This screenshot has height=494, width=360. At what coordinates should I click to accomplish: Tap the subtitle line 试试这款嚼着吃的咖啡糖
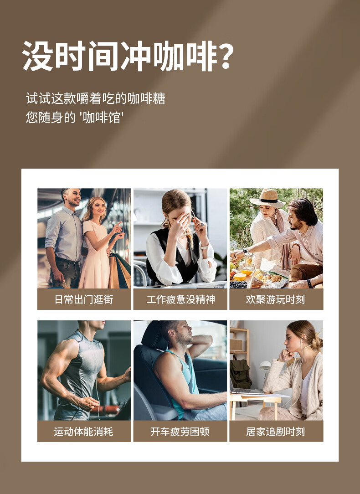pos(95,98)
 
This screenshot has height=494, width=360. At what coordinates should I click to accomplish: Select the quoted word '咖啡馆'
pos(101,118)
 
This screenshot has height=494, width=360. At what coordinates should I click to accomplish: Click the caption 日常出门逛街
pos(84,299)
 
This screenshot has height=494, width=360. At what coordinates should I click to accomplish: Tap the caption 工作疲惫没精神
pos(180,299)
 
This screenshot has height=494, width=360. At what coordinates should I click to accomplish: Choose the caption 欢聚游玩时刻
pos(276,299)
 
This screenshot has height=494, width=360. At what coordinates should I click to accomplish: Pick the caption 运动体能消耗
pos(84,431)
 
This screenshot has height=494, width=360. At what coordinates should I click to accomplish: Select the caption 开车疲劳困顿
pos(180,431)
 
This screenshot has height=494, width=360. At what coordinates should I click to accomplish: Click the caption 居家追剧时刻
pos(276,431)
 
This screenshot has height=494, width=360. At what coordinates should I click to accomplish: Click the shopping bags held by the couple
pos(119,271)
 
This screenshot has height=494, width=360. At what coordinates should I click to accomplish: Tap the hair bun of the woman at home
pos(318,342)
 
